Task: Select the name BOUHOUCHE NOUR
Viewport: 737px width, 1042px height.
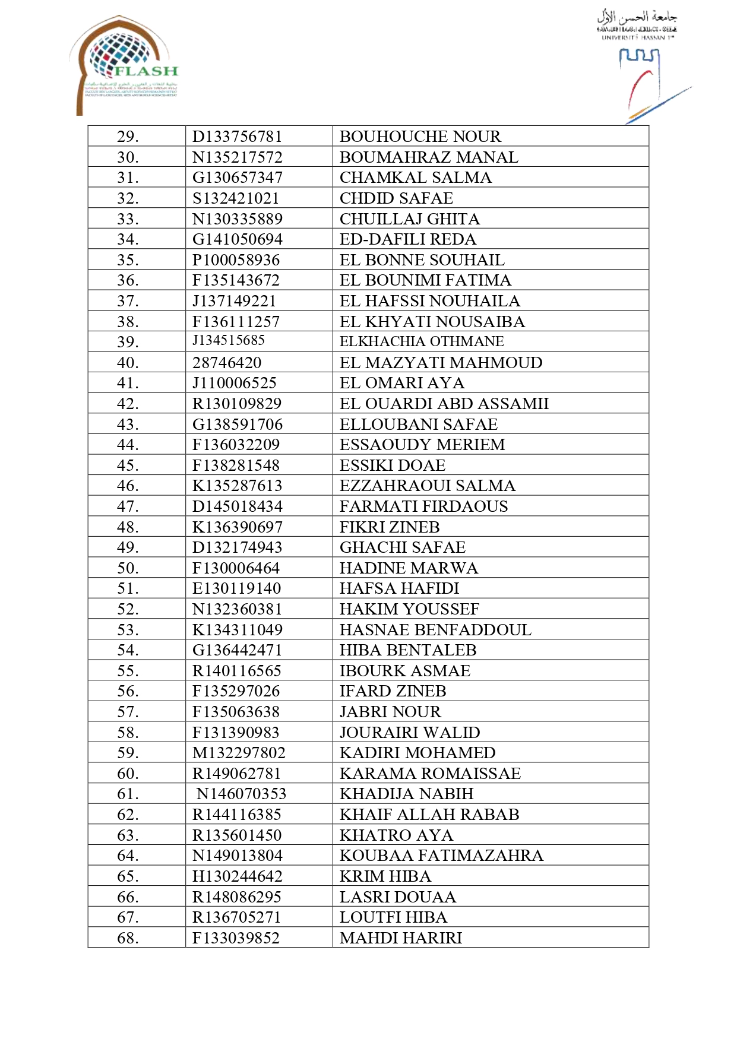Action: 420,137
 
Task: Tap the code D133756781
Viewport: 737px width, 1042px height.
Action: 237,137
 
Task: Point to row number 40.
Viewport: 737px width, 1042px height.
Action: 128,363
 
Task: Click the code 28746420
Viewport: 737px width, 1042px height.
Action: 227,363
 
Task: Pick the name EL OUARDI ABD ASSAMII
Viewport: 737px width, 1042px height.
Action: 444,404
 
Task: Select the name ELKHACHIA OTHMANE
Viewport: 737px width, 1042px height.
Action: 422,341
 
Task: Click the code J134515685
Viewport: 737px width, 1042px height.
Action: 229,341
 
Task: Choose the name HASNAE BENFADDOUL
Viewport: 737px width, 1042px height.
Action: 435,630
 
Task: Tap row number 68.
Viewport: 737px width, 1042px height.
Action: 128,938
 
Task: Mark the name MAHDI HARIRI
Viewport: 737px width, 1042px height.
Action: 401,938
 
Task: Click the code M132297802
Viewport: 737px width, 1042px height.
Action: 239,753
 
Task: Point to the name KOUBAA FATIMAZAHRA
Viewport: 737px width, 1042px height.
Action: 441,856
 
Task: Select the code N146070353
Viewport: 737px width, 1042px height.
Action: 241,794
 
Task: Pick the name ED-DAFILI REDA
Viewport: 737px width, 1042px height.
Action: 408,239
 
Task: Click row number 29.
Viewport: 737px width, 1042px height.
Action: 128,137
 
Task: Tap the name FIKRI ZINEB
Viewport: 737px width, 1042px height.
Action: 390,527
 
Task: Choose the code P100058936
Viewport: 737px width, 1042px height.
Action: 236,260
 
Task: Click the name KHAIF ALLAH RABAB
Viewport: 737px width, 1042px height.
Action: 429,815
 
